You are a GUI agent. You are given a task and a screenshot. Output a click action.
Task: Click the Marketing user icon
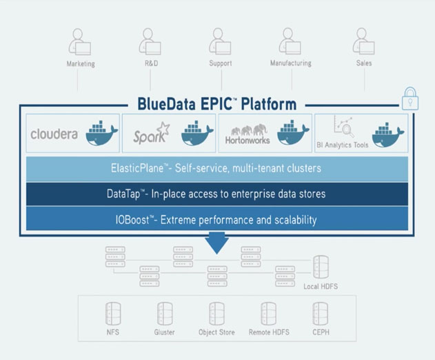point(80,41)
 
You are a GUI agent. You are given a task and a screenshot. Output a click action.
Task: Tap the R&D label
point(152,63)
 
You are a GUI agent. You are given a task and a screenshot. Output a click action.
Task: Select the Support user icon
point(220,41)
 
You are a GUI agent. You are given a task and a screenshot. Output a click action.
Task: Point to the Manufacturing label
point(291,63)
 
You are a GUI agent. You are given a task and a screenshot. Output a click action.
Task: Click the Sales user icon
point(364,41)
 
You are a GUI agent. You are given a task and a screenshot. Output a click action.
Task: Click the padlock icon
point(410,99)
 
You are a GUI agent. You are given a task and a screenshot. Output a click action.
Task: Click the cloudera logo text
point(54,134)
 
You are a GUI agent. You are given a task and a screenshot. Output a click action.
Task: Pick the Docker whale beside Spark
point(197,133)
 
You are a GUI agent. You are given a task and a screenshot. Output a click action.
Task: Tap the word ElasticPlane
point(137,168)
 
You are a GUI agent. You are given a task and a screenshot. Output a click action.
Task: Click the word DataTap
point(123,194)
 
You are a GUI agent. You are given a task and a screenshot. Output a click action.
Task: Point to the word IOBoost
point(132,220)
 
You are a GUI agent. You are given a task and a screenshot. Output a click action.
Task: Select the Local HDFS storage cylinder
point(321,267)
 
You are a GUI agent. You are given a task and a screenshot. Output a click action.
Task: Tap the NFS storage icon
point(113,313)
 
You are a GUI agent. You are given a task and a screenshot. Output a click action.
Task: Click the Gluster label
point(165,332)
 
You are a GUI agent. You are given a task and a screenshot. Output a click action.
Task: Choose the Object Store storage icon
point(216,313)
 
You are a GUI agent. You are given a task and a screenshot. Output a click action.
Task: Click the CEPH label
point(321,332)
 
